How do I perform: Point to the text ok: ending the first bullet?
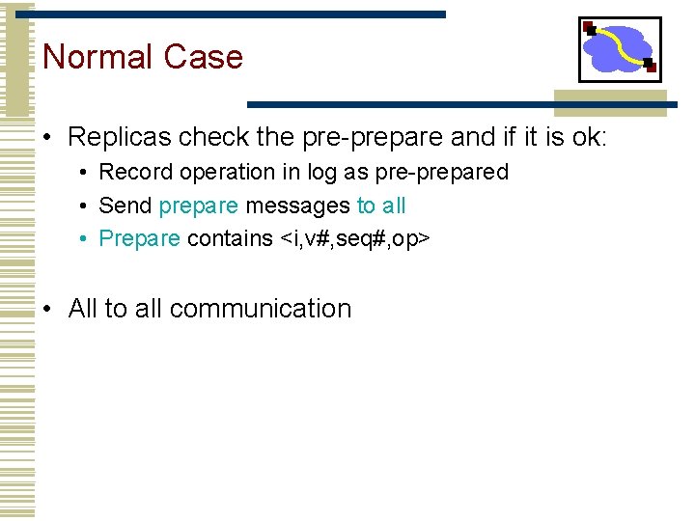(x=585, y=137)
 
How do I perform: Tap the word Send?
(x=125, y=206)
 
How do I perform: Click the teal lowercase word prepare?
(x=198, y=206)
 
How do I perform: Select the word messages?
(x=297, y=206)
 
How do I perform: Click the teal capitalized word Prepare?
(x=139, y=238)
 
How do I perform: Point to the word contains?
(x=230, y=238)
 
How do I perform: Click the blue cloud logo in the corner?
(x=618, y=49)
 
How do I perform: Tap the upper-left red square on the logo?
(x=588, y=26)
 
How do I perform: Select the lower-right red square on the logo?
(x=651, y=67)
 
